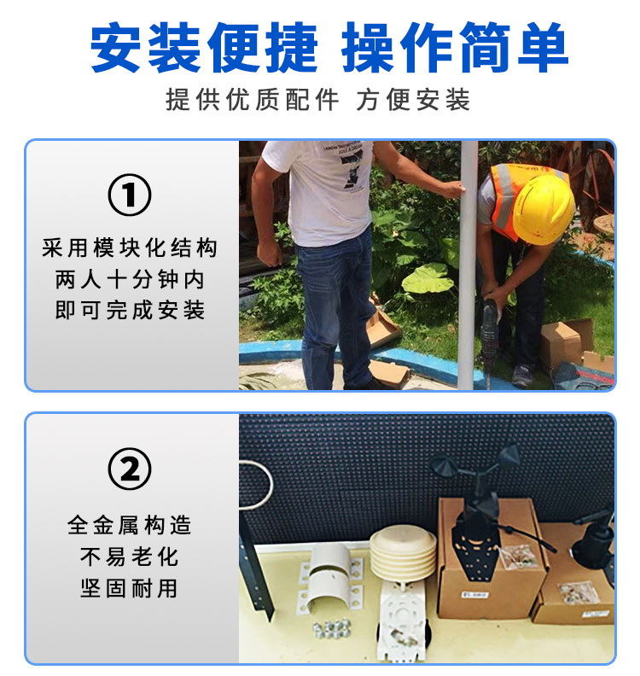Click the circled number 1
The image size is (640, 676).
tap(130, 195)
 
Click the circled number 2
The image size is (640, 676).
tap(130, 469)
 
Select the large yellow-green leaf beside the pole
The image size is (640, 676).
tap(428, 279)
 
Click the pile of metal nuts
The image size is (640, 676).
tap(331, 627)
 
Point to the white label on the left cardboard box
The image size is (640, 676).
tap(475, 596)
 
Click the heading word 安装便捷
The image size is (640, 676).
tap(203, 48)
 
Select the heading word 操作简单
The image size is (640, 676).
tap(455, 48)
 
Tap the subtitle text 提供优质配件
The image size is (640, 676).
tap(252, 100)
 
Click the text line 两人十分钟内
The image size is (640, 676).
tap(130, 279)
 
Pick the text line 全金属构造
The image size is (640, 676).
tap(130, 526)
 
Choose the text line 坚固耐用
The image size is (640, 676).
tap(130, 587)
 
